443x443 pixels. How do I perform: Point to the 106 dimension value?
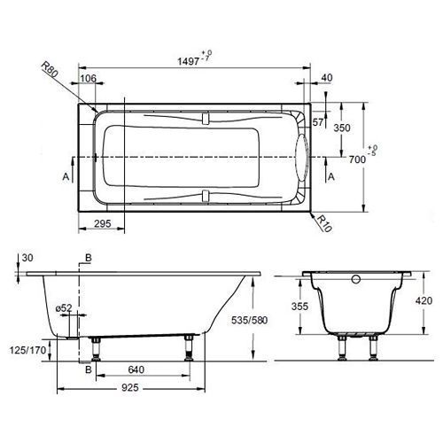click(89, 79)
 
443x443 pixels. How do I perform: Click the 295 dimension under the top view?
click(103, 225)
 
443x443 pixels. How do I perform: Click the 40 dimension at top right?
click(327, 79)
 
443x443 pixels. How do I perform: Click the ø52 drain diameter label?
click(64, 307)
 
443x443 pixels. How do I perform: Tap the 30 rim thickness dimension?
click(28, 258)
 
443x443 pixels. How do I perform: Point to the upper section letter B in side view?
click(87, 258)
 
